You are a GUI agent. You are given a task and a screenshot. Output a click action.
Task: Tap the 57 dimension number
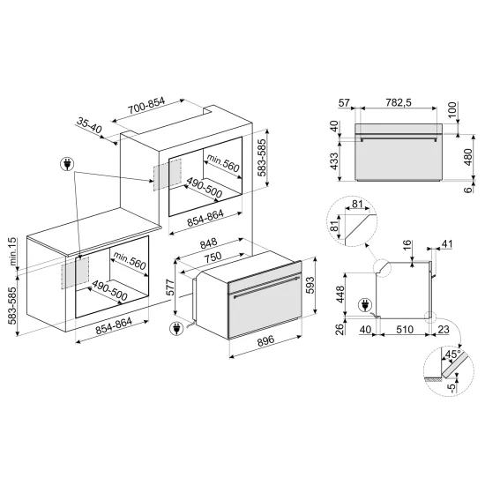345,104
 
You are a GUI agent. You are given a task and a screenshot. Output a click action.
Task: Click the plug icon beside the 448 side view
364,306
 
